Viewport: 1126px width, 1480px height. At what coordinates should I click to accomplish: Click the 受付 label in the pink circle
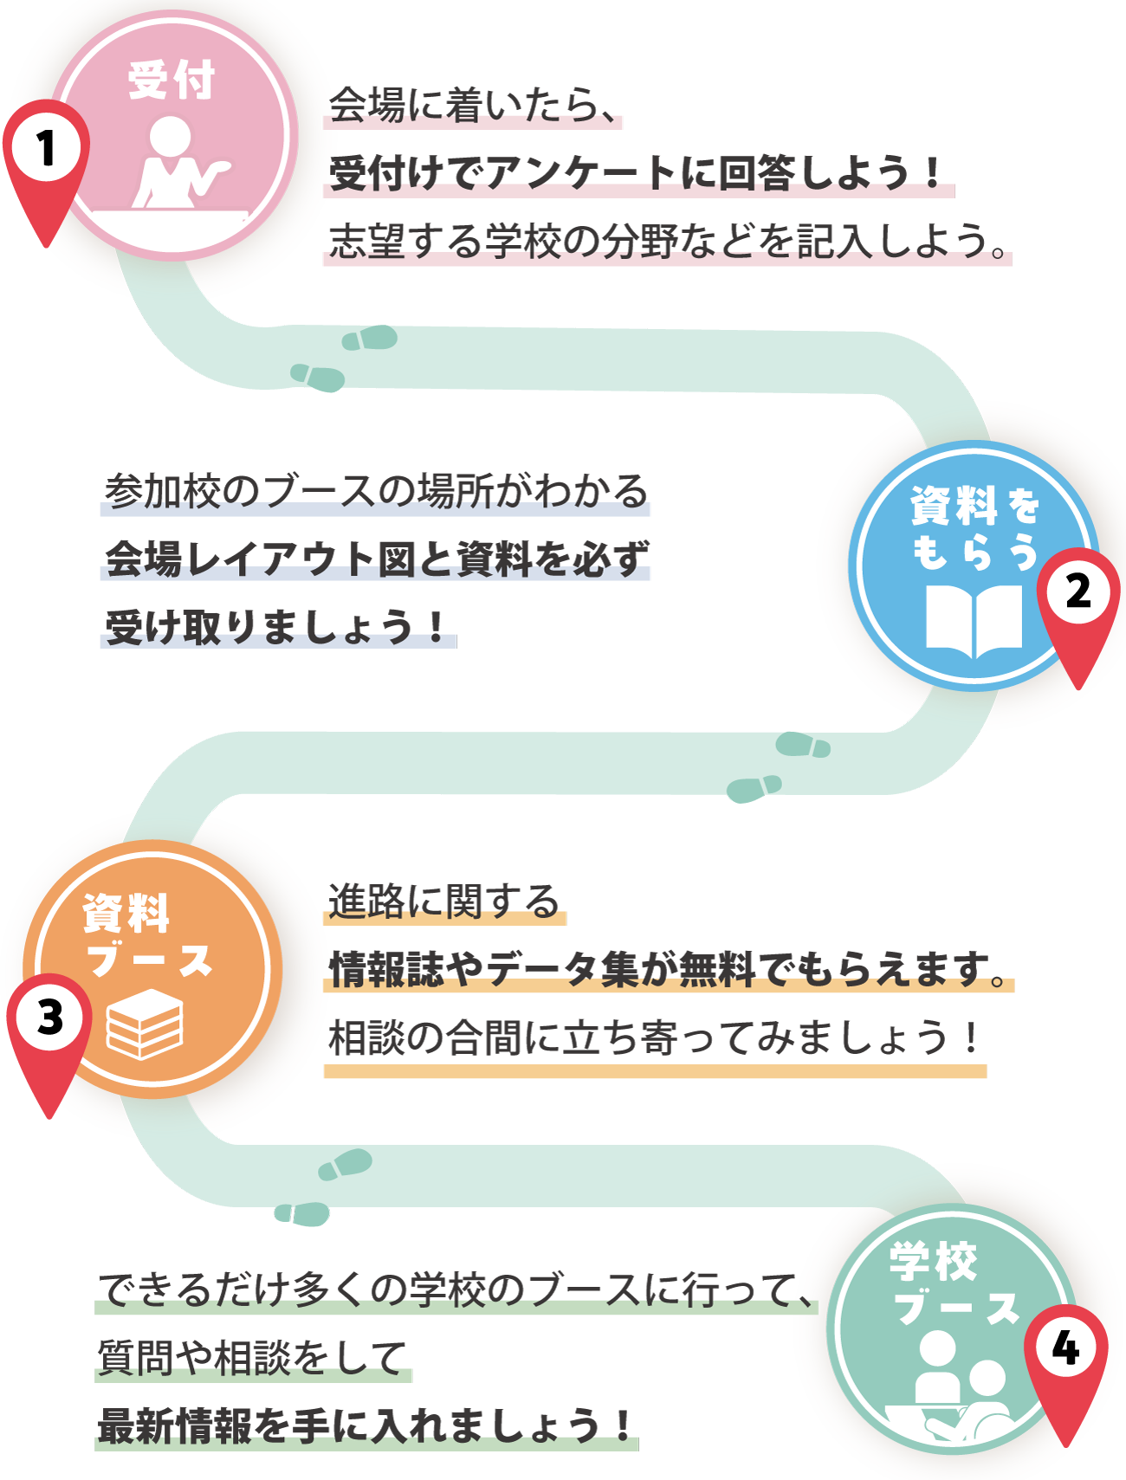(x=171, y=80)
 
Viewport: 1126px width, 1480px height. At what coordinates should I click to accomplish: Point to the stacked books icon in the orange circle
(x=145, y=1024)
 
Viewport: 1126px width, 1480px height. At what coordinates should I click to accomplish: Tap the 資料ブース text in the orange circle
(x=147, y=935)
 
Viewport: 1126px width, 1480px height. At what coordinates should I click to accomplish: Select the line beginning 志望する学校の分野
(x=667, y=241)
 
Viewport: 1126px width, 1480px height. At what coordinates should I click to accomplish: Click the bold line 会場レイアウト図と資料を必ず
(x=375, y=559)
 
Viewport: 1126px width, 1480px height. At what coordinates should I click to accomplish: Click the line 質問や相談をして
(x=252, y=1357)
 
